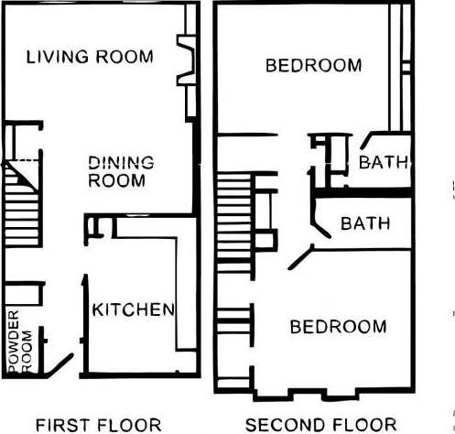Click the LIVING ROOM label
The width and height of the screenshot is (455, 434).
89,57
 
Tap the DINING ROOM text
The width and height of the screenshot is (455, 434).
120,171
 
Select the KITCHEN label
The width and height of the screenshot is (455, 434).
133,309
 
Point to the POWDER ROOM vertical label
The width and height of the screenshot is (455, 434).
18,342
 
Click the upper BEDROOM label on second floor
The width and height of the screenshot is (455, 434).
313,66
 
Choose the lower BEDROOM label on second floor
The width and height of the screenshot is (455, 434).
338,327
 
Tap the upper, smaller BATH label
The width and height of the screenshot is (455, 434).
383,164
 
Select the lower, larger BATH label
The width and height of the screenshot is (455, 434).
364,223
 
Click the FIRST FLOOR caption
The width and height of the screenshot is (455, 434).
88,424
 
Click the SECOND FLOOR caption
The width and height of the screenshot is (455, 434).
320,424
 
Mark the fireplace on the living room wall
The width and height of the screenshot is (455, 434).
186,62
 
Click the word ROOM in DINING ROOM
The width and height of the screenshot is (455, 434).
116,180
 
